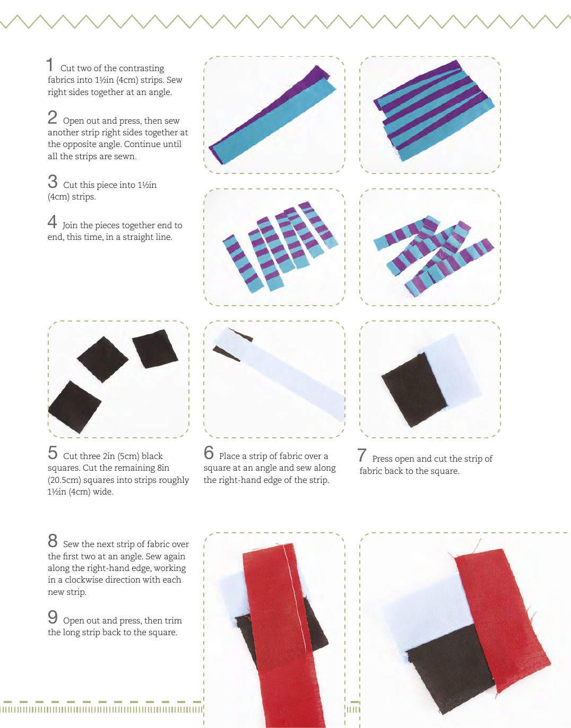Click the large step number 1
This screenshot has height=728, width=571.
pyautogui.click(x=50, y=64)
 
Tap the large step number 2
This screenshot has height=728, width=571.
pyautogui.click(x=52, y=117)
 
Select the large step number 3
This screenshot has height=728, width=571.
pyautogui.click(x=53, y=181)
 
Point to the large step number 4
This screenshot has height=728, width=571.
pyautogui.click(x=52, y=221)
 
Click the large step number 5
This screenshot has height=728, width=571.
pyautogui.click(x=53, y=452)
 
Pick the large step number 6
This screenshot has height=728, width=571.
pyautogui.click(x=209, y=452)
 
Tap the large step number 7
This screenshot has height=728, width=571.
pyautogui.click(x=362, y=455)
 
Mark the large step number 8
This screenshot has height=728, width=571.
pyautogui.click(x=53, y=540)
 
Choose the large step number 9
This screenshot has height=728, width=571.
pyautogui.click(x=53, y=617)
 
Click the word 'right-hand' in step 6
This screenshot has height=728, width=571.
pyautogui.click(x=240, y=480)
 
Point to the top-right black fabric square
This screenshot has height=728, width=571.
pyautogui.click(x=155, y=349)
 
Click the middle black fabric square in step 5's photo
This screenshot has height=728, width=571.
pyautogui.click(x=102, y=359)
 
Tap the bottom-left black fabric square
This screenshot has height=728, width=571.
pyautogui.click(x=74, y=407)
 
